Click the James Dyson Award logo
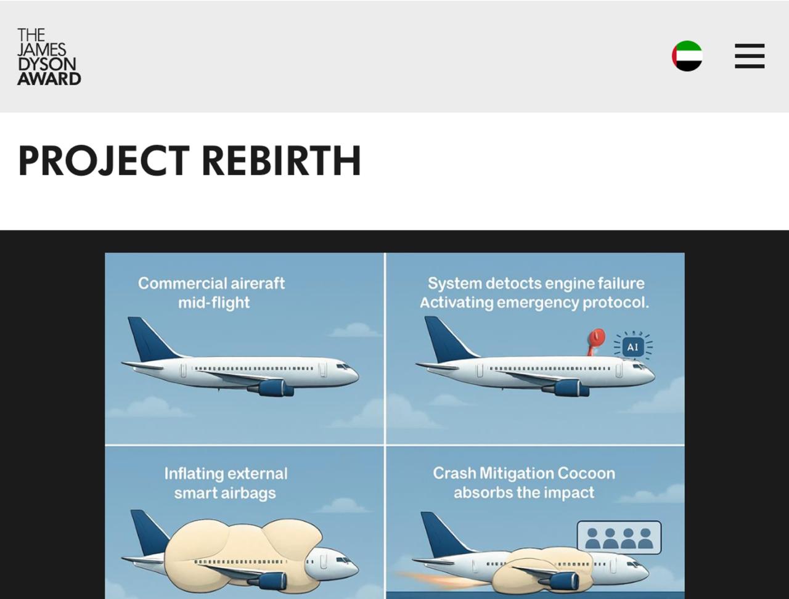tap(49, 57)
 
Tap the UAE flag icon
tap(687, 55)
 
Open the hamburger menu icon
tap(750, 56)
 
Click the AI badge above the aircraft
tap(632, 347)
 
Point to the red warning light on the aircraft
tap(596, 342)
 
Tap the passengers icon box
tap(619, 537)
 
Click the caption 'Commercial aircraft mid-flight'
tap(211, 293)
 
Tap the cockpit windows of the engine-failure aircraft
tap(639, 367)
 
